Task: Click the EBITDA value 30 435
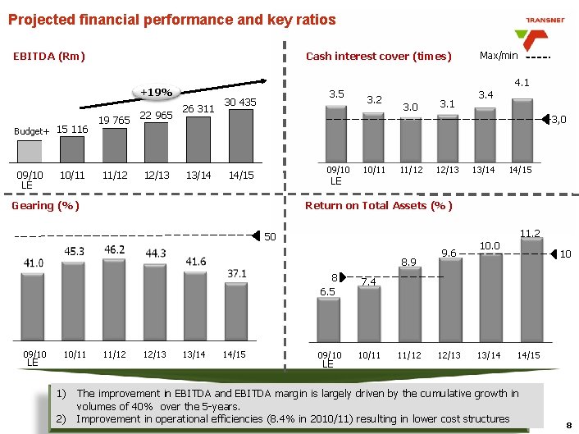[240, 103]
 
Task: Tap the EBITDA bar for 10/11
[72, 149]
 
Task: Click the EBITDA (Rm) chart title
[49, 57]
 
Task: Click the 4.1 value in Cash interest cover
[522, 83]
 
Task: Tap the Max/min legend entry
[499, 56]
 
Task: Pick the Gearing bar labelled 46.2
[114, 299]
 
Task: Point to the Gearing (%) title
[45, 205]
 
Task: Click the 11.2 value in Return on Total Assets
[530, 233]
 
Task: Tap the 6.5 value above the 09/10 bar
[327, 290]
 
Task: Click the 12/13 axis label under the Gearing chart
[156, 354]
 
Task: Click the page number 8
[568, 424]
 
